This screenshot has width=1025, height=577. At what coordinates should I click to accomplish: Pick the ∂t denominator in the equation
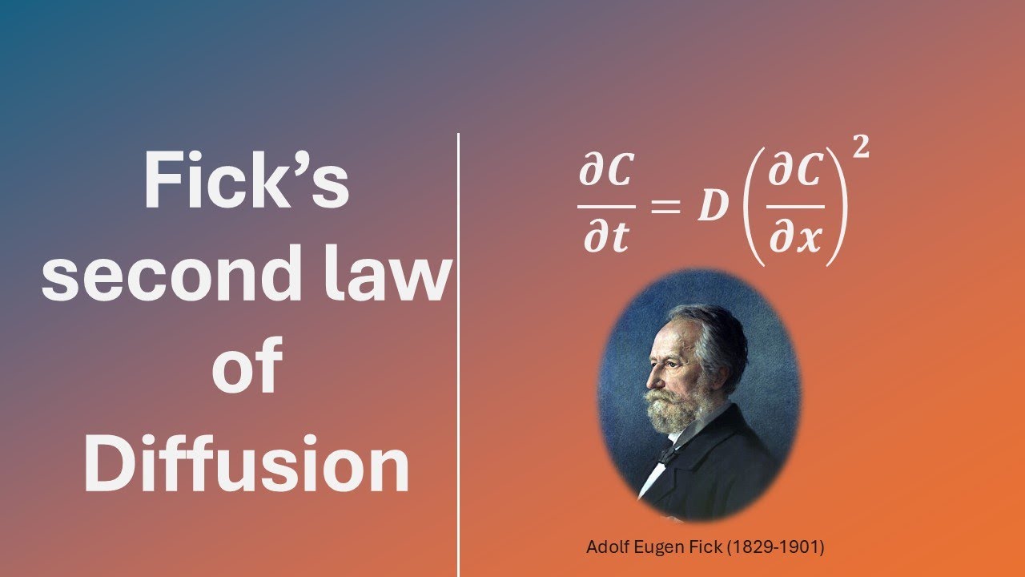606,237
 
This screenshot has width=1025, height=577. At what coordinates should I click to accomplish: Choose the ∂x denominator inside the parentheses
796,237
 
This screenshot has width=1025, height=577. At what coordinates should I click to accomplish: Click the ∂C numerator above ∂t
606,173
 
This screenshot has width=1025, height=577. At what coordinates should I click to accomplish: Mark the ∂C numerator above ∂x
796,173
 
